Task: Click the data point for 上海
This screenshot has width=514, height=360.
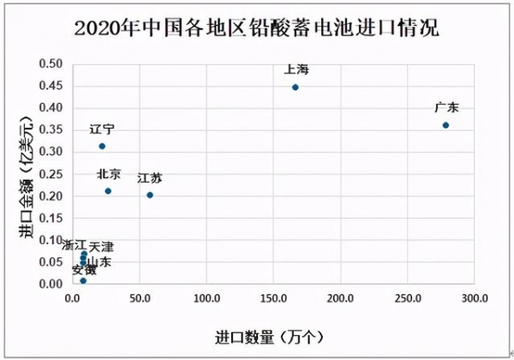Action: (296, 87)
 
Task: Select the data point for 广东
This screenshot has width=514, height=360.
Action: (445, 125)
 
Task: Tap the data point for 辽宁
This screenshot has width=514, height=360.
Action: (102, 147)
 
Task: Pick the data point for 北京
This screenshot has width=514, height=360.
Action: (108, 191)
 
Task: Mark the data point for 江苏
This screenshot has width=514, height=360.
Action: (150, 195)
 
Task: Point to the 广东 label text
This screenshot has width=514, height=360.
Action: (447, 107)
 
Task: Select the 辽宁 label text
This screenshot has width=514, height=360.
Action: (102, 129)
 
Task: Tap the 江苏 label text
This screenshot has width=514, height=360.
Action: (149, 178)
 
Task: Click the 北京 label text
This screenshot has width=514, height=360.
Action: (109, 174)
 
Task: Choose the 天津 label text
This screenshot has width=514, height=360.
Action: (101, 247)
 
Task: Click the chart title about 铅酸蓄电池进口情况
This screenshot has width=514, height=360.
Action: (257, 27)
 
